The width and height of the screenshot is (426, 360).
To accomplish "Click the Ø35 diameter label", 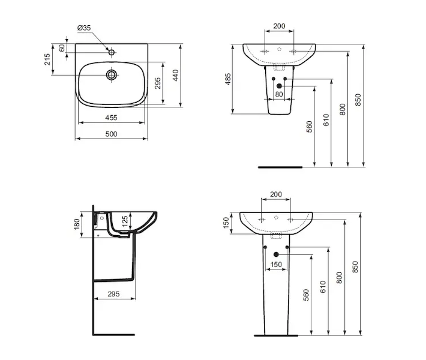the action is click(84, 28).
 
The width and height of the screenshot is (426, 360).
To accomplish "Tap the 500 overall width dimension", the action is click(112, 134).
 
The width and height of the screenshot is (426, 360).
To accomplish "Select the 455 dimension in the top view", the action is click(112, 118).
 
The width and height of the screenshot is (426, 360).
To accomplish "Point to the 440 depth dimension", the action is click(176, 75).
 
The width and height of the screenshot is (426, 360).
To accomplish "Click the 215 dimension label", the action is click(47, 59).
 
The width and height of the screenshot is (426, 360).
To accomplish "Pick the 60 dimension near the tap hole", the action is click(62, 48).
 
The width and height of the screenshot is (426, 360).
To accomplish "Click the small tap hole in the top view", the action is click(112, 52).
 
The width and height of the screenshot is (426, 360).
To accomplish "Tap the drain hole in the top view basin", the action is click(112, 74).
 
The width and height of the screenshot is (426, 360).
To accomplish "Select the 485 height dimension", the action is click(228, 79).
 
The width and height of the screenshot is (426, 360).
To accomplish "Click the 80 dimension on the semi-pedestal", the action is click(279, 94).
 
